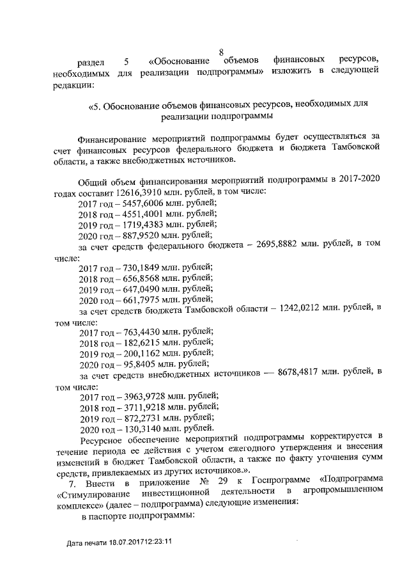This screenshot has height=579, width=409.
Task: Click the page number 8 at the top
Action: click(221, 52)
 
